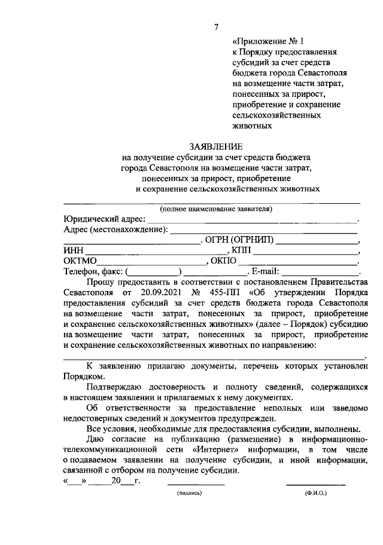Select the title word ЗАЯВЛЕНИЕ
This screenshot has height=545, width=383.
[x=215, y=146]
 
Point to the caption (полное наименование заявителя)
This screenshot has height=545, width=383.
[x=215, y=209]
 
